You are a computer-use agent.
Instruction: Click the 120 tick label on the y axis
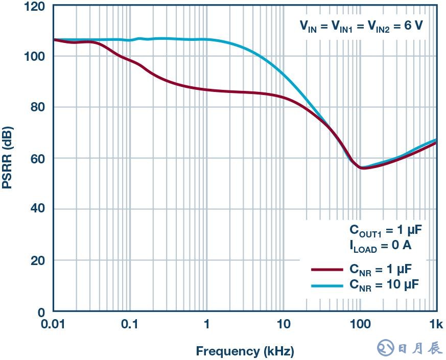(x=34, y=6)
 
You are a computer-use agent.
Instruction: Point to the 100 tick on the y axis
(x=34, y=56)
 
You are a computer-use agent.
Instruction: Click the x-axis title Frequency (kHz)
(x=245, y=351)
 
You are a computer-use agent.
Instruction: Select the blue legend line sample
(x=326, y=285)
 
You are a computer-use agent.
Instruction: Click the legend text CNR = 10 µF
(x=384, y=285)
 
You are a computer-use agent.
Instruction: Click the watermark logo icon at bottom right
(x=386, y=348)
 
